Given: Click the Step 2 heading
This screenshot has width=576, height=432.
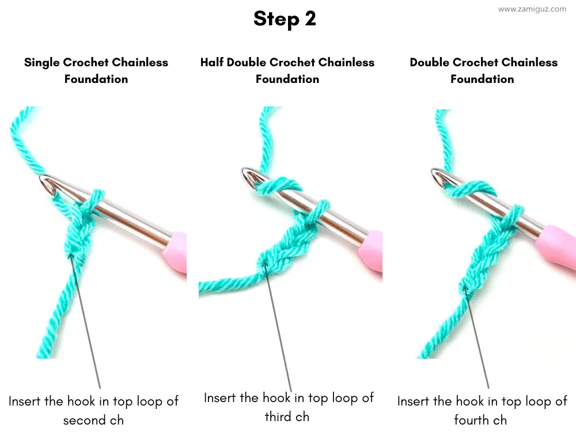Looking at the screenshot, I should (x=285, y=18).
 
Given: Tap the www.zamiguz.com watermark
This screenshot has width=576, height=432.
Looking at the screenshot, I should (x=532, y=9).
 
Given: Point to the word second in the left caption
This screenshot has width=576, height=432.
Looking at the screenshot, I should (x=84, y=420).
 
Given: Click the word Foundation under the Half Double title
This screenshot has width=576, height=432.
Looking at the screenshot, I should (x=287, y=79).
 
